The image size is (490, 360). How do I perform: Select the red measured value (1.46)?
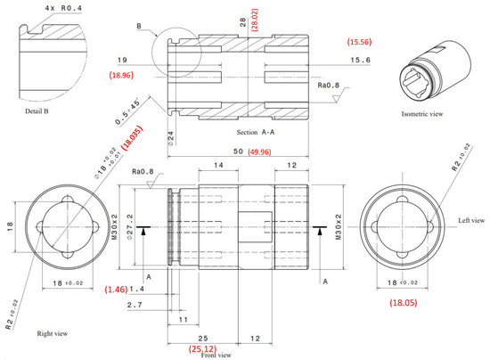point(118,290)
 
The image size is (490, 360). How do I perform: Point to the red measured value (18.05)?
point(402,303)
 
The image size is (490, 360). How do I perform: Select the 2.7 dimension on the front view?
point(136,306)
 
